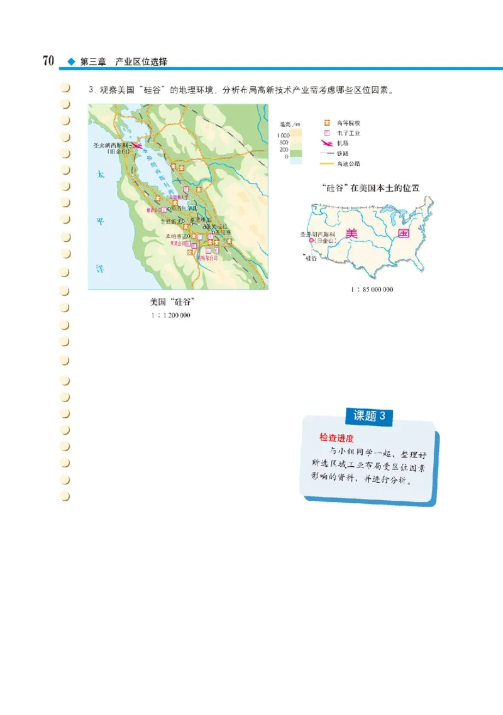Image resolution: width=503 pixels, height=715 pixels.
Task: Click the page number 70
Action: click(47, 61)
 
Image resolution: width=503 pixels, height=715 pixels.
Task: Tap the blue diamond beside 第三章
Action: click(70, 62)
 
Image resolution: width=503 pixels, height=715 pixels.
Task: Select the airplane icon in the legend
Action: click(326, 143)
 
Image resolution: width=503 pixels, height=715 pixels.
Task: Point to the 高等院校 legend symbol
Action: click(326, 123)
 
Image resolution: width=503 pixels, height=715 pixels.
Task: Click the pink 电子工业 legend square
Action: click(326, 133)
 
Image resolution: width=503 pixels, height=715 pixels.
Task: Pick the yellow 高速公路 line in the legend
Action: click(326, 164)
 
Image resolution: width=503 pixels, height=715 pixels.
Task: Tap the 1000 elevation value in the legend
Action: click(283, 135)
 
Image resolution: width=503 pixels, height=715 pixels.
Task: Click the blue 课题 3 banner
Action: click(373, 416)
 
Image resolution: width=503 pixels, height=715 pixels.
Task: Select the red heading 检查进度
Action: click(336, 437)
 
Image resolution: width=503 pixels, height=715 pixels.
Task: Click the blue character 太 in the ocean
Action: click(99, 175)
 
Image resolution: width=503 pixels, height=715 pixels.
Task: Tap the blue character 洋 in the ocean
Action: click(99, 268)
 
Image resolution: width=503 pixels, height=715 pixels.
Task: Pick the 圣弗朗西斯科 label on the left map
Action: click(111, 145)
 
